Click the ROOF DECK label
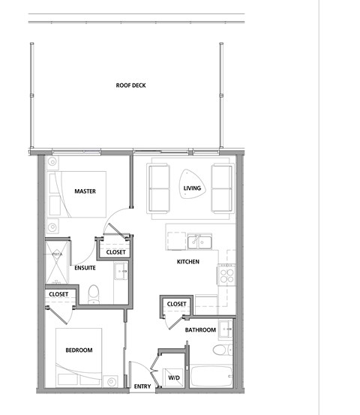pos(130,86)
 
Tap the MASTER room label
pos(85,191)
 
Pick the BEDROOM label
pos(78,350)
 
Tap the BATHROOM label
pos(201,330)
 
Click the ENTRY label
pos(142,387)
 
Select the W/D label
pos(173,377)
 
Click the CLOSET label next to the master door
pos(116,253)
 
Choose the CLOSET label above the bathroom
pos(176,304)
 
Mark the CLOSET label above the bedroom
pos(58,294)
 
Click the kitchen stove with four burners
pos(226,275)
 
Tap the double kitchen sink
pos(199,242)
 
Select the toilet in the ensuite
pos(93,294)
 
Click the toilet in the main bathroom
pos(220,350)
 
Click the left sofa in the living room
pos(159,188)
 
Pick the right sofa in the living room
pos(221,188)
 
